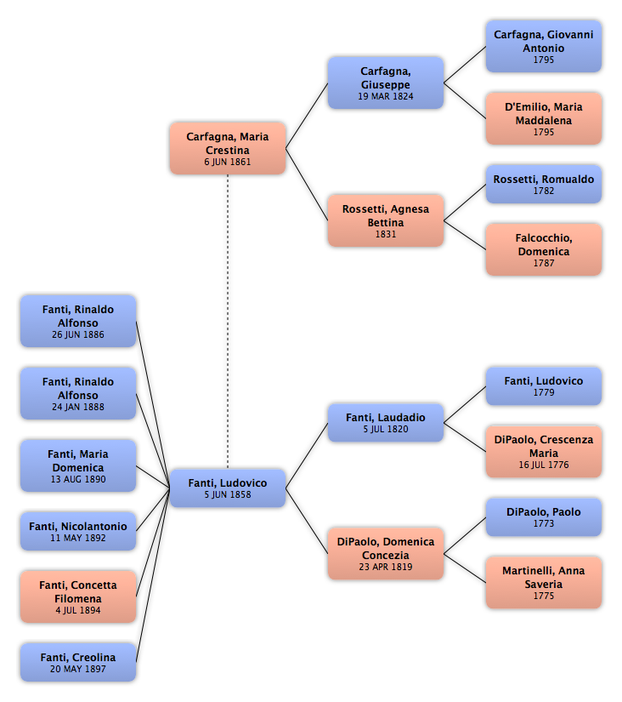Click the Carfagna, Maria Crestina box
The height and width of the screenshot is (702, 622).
[228, 148]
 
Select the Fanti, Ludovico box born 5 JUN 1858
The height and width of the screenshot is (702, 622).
[228, 488]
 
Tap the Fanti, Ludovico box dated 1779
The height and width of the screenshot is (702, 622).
[544, 386]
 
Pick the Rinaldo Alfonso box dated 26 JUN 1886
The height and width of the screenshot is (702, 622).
[78, 321]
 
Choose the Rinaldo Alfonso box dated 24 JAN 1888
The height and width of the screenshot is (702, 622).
[78, 393]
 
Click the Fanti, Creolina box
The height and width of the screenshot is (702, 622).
[78, 663]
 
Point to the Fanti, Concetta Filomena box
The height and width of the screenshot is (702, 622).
[78, 596]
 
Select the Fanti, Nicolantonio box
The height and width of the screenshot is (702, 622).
[78, 531]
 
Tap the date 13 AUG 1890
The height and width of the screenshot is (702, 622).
[78, 479]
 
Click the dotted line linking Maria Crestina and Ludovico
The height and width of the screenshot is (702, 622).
[228, 322]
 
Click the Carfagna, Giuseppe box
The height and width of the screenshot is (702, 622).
[386, 83]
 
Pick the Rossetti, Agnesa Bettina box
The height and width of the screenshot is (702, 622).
[386, 220]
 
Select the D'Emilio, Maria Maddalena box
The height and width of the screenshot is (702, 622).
[544, 118]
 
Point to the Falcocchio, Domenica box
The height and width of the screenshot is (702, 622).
[544, 249]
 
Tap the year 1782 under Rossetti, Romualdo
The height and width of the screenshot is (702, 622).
[544, 191]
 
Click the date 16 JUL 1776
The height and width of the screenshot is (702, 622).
[544, 465]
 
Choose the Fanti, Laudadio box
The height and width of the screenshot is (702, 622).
[386, 423]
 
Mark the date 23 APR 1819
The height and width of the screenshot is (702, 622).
[386, 567]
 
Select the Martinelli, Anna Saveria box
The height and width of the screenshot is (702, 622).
[544, 583]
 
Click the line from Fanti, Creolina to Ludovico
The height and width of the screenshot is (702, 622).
[153, 575]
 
